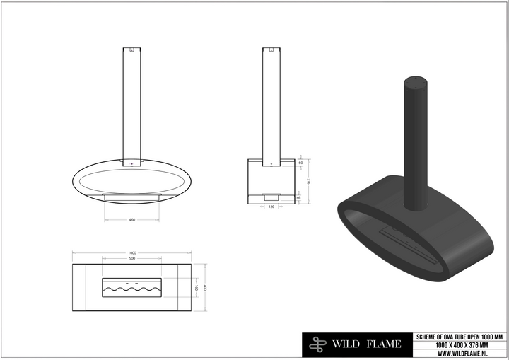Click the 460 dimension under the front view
132,221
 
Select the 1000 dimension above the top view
132,253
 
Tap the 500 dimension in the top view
132,259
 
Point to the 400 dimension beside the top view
205,287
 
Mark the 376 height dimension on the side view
309,180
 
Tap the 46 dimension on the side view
300,197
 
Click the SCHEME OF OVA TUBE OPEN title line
460,336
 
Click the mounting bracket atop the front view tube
132,50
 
